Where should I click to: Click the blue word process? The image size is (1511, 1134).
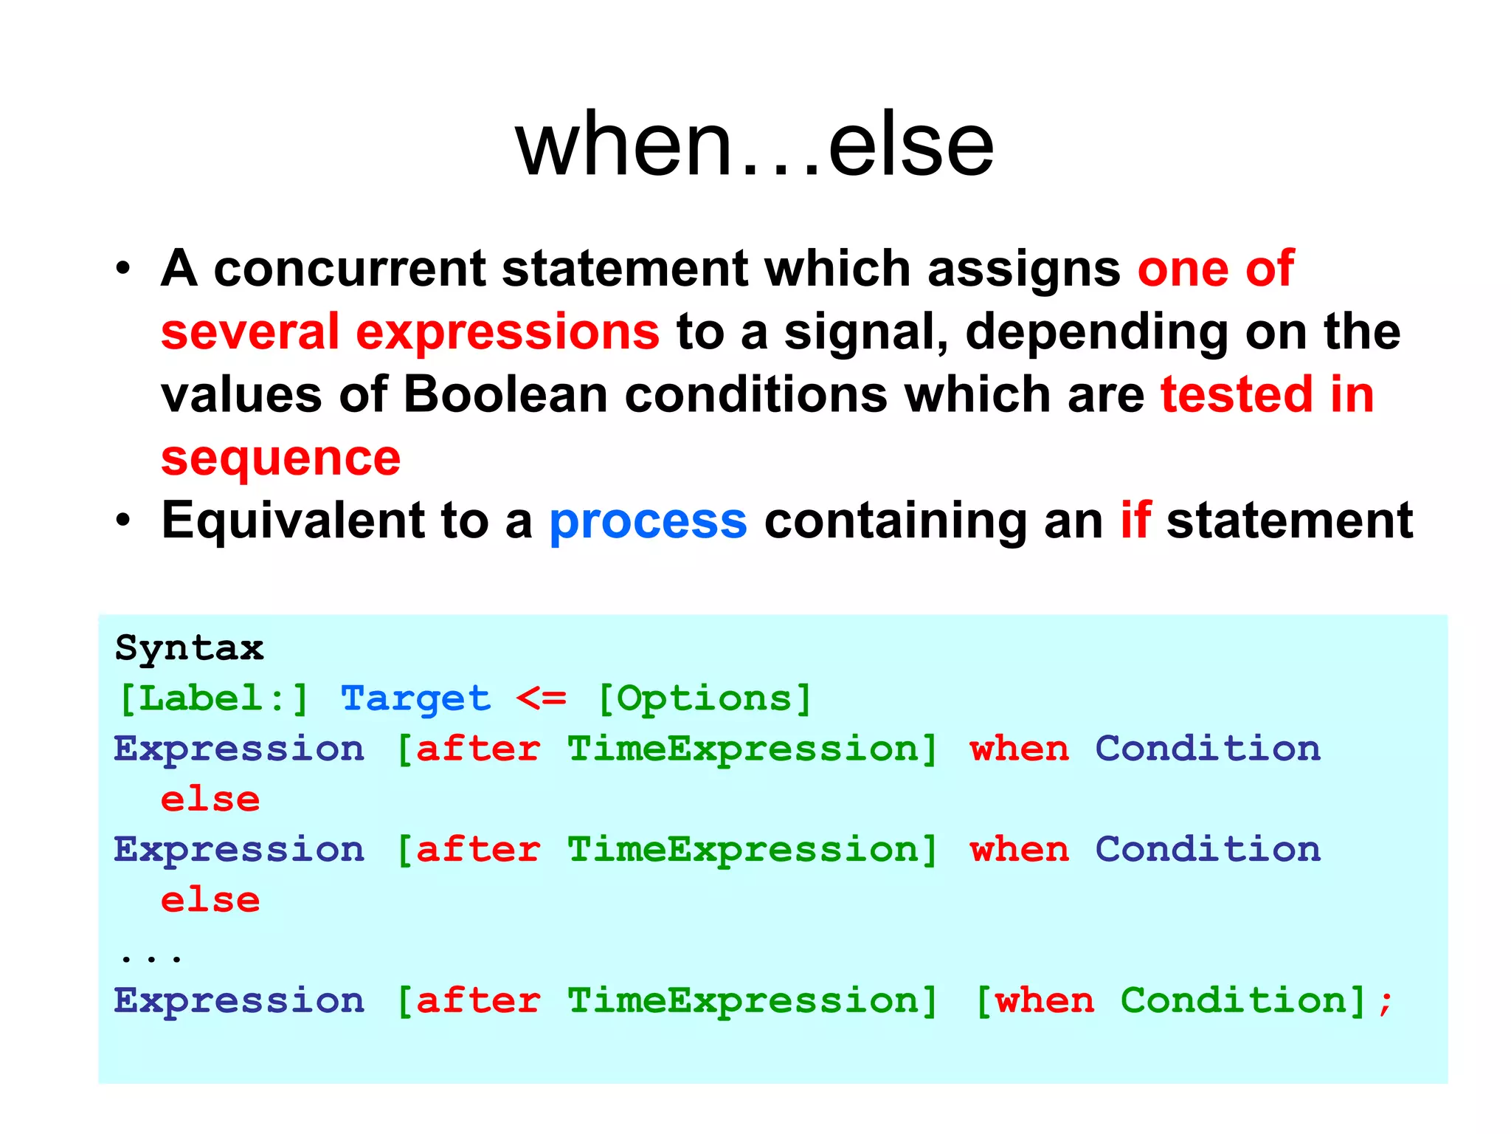pos(648,521)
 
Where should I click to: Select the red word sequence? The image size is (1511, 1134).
pos(280,459)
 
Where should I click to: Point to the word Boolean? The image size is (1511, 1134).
pos(505,394)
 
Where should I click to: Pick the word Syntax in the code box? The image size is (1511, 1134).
pos(190,648)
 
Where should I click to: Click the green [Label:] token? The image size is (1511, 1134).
pos(213,698)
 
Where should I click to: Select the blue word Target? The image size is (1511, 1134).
pos(415,698)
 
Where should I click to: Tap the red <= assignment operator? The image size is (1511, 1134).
pos(541,698)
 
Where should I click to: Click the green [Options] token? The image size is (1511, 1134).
pos(704,698)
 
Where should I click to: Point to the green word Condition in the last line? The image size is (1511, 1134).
pos(1233,1001)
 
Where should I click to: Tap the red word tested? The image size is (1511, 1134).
pos(1237,394)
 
